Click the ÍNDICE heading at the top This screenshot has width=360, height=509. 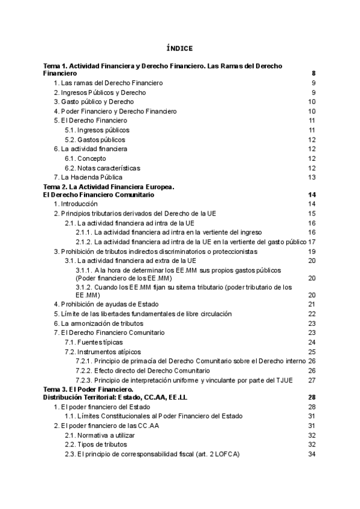pyautogui.click(x=179, y=48)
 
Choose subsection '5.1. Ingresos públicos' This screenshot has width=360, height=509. pyautogui.click(x=97, y=130)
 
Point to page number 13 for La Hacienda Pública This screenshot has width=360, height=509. pyautogui.click(x=311, y=178)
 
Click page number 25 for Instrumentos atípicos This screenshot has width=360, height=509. pyautogui.click(x=311, y=352)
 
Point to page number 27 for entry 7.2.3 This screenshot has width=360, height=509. pyautogui.click(x=311, y=380)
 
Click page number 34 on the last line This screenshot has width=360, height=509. pyautogui.click(x=311, y=454)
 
